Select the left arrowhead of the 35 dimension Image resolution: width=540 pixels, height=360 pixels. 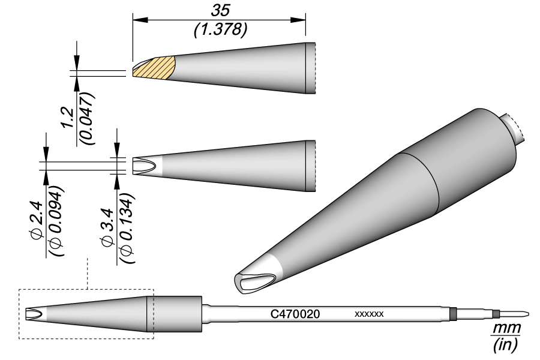click(x=136, y=20)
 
